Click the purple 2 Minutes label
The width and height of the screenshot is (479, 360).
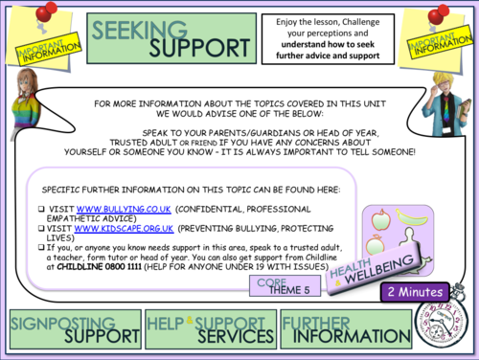(x=416, y=290)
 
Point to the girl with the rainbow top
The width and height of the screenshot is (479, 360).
(x=24, y=105)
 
